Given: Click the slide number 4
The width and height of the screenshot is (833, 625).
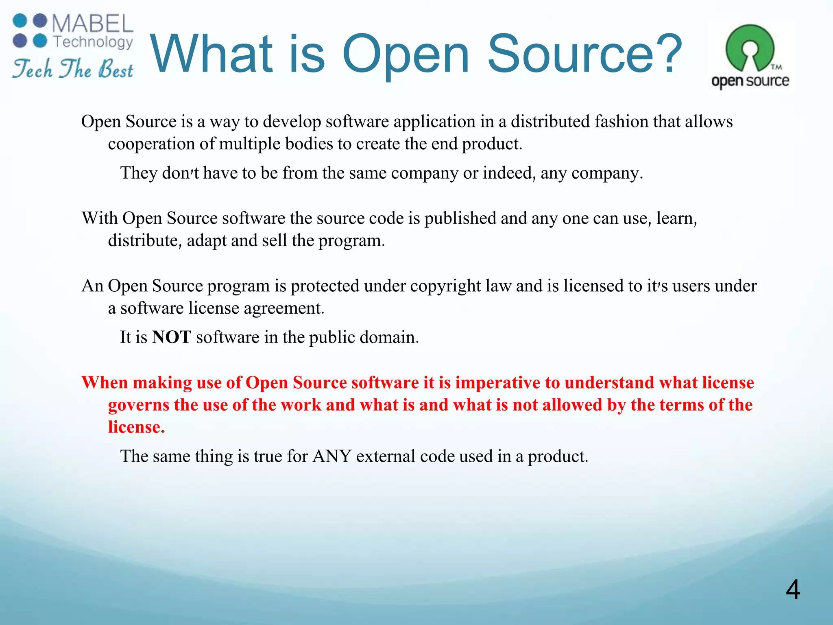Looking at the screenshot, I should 793,590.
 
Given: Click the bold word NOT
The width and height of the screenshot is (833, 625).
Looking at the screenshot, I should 171,337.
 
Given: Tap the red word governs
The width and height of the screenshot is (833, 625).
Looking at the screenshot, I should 138,405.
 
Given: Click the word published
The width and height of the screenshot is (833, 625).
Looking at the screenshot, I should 460,219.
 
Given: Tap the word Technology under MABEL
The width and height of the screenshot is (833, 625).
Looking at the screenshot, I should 93,42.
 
